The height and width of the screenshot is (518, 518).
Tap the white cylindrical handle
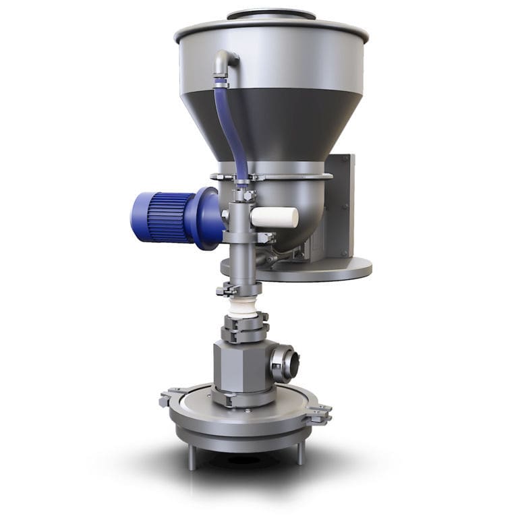pyautogui.click(x=275, y=217)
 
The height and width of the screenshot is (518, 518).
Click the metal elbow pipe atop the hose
pyautogui.click(x=225, y=64)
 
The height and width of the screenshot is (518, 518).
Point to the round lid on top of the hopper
pyautogui.click(x=270, y=14)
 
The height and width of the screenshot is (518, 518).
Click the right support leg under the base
pyautogui.click(x=301, y=453)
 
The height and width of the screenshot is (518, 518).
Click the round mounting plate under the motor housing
pyautogui.click(x=317, y=270)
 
